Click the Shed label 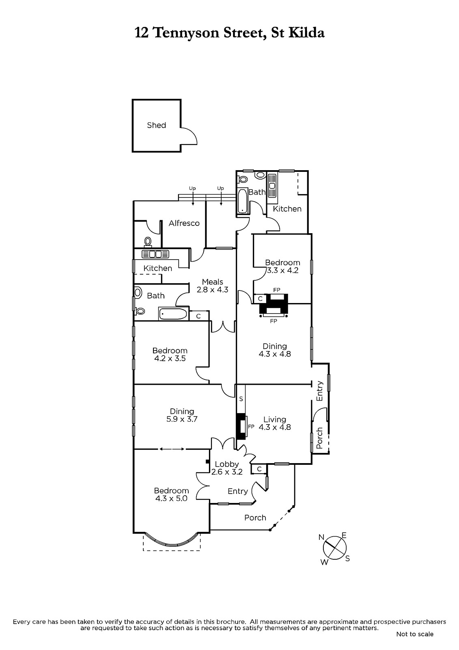point(156,126)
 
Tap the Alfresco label point(184,223)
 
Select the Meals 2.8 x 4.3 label point(213,286)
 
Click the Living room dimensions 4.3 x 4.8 point(275,427)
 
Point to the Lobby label point(227,464)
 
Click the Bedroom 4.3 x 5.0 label point(171,494)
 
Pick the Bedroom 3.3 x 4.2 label point(282,266)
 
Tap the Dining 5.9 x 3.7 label point(182,415)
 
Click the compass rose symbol point(334,548)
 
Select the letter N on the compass point(321,537)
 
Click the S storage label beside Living point(241,399)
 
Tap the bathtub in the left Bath point(173,314)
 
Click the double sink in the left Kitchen point(155,254)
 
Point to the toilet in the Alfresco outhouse point(148,242)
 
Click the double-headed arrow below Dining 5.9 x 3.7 point(172,449)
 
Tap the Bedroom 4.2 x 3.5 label point(170,354)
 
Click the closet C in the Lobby point(259,469)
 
